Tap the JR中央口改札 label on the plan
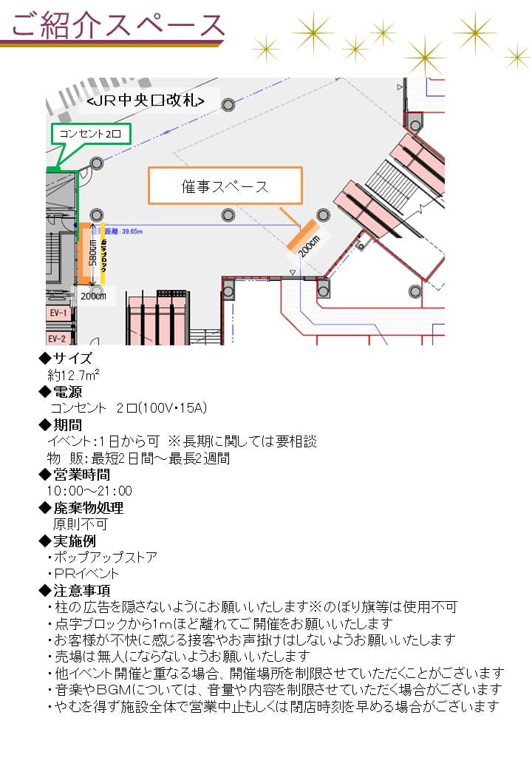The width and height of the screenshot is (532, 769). [152, 100]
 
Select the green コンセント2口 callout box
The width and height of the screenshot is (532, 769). [91, 135]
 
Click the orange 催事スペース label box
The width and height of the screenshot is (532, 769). [225, 186]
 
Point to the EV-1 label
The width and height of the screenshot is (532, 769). [58, 313]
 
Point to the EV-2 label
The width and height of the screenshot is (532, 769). [58, 339]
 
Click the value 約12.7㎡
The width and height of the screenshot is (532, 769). [73, 375]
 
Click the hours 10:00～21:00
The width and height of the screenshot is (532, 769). [89, 491]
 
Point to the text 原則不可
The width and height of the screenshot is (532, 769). [80, 524]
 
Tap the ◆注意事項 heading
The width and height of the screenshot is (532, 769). [74, 590]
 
